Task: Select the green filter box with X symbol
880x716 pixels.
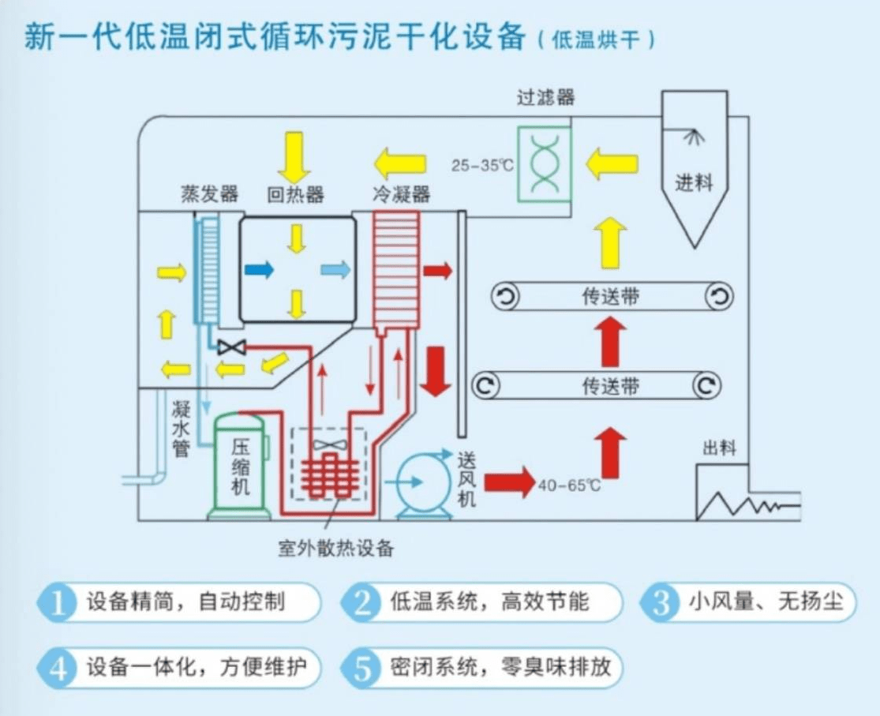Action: (544, 164)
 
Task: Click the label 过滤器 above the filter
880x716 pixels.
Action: (545, 98)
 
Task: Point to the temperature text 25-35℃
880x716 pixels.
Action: (482, 166)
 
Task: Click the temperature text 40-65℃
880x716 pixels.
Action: (568, 485)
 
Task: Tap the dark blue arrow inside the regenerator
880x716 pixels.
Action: (259, 270)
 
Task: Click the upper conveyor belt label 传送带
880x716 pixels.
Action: (611, 297)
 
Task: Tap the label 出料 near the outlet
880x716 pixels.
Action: (718, 448)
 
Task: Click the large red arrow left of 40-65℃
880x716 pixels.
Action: (508, 482)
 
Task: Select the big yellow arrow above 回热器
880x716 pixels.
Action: (295, 157)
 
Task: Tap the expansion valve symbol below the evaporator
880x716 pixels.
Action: (231, 347)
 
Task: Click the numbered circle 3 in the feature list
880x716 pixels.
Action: (662, 603)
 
